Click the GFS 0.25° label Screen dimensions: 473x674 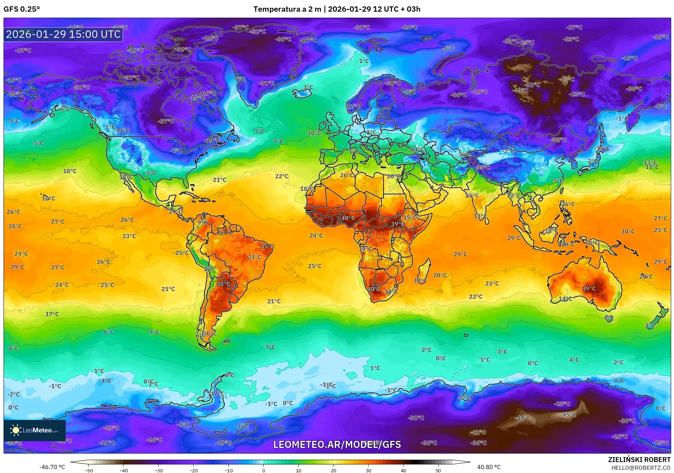[22, 9]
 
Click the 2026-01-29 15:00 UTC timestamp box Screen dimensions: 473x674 [63, 34]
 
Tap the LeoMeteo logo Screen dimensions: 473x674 [34, 430]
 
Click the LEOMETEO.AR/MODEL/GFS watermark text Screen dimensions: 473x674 [337, 444]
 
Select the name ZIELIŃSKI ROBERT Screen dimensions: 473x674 [639, 460]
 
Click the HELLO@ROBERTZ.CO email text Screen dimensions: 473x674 [640, 468]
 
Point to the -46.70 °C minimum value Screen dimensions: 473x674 [52, 467]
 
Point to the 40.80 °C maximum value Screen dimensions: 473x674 [489, 467]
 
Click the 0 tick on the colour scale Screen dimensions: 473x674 [263, 470]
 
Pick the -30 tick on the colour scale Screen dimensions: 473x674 [159, 470]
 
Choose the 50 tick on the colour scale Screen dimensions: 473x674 [438, 470]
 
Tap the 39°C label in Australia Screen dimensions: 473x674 [589, 288]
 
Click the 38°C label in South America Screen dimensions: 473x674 [223, 284]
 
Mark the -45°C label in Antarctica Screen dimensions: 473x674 [568, 415]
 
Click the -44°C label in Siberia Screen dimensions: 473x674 [521, 90]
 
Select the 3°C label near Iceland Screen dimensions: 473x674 [308, 87]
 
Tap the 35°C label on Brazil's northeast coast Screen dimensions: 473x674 [267, 246]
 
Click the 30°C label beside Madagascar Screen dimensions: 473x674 [420, 280]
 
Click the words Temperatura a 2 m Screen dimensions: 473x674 [287, 9]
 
